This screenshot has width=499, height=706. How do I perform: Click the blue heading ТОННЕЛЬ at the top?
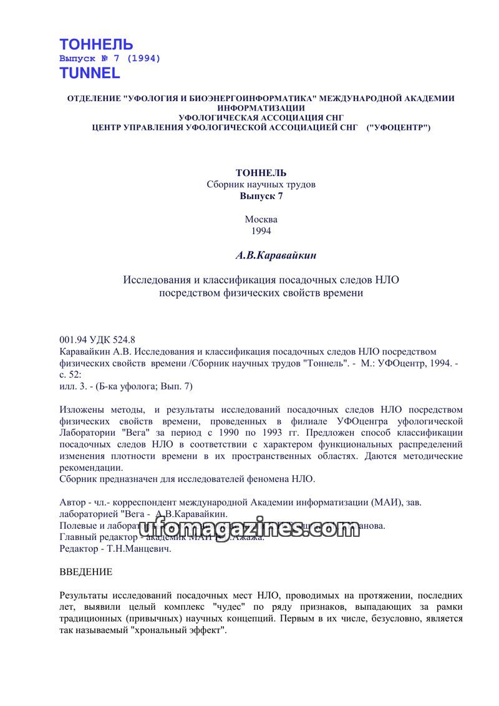[96, 44]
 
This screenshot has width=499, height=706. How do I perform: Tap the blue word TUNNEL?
[90, 73]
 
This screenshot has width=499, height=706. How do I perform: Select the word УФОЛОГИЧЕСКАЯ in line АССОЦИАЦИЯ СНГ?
[217, 117]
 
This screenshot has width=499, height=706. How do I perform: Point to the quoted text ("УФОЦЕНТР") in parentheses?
[399, 127]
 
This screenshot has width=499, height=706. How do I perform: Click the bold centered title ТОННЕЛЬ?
[261, 173]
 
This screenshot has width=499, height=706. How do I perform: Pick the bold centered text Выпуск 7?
[261, 195]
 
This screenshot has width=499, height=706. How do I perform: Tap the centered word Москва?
[261, 220]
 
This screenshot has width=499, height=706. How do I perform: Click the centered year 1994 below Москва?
[261, 230]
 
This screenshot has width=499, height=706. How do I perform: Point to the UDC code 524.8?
[124, 340]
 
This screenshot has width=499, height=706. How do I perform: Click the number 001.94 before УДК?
[72, 340]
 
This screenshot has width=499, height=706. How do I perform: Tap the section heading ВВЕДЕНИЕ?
[85, 572]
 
